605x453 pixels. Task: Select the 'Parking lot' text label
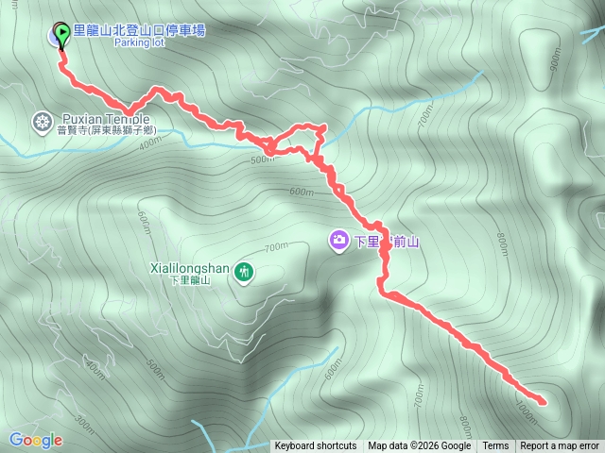coord(141,43)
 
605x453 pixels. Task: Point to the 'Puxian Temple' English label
coord(105,119)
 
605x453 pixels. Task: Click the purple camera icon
coord(338,241)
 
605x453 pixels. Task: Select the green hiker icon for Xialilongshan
coord(245,273)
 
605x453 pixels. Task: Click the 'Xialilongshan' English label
coord(190,268)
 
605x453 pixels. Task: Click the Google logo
coord(35,440)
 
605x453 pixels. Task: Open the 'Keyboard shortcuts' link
coord(316,446)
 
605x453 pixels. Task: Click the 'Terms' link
coord(495,446)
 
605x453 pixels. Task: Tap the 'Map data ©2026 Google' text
coord(419,446)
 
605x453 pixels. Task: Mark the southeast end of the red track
coord(544,403)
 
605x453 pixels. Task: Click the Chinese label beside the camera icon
coord(388,242)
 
